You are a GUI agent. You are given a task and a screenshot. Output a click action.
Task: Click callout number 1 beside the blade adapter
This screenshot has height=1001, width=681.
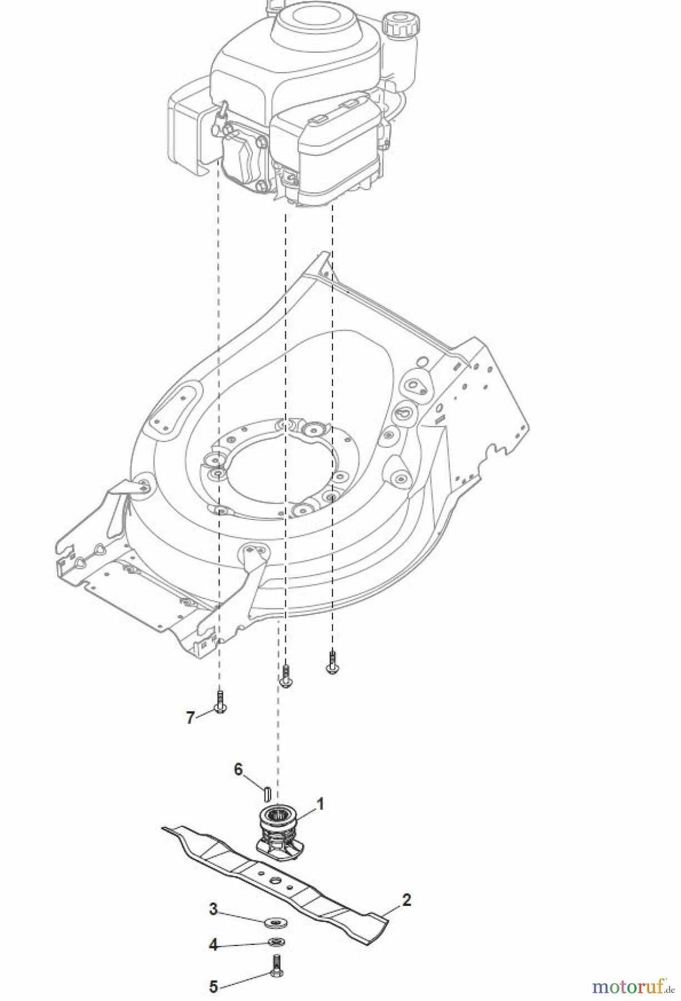pos(320,804)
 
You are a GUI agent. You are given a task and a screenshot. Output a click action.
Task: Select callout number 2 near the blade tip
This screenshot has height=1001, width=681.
pos(406,900)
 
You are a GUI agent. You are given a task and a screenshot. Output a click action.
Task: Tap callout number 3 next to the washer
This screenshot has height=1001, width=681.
pos(213,910)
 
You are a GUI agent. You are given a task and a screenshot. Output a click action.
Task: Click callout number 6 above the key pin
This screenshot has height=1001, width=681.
pos(238,769)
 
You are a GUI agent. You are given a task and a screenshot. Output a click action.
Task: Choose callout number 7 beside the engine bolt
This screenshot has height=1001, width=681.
pos(190,718)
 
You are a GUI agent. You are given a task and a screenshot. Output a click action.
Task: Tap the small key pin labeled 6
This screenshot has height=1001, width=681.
pos(267,790)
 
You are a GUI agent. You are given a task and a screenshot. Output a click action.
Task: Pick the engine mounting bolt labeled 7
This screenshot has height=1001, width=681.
pos(220,702)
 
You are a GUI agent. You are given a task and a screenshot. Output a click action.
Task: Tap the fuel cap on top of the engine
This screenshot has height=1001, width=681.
pos(399,25)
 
